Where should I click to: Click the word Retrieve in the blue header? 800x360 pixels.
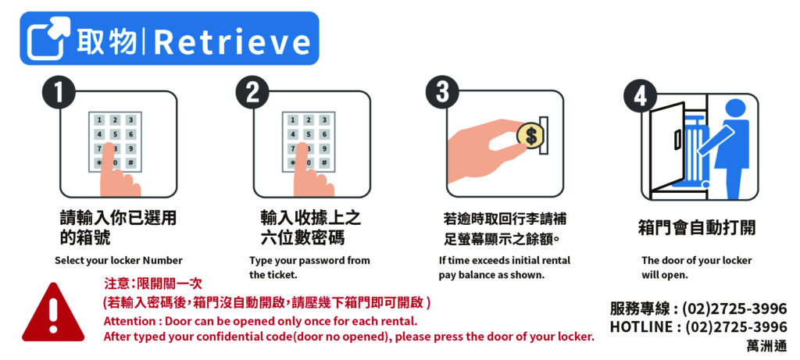pyautogui.click(x=232, y=42)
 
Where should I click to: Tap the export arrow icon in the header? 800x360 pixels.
pyautogui.click(x=49, y=38)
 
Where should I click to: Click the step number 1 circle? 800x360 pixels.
pyautogui.click(x=59, y=94)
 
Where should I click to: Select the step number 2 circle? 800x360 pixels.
pyautogui.click(x=252, y=94)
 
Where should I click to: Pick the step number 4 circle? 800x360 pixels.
pyautogui.click(x=641, y=96)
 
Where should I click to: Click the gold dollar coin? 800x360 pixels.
pyautogui.click(x=530, y=136)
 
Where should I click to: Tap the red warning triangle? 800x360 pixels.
pyautogui.click(x=52, y=312)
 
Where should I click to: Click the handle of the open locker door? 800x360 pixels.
pyautogui.click(x=677, y=139)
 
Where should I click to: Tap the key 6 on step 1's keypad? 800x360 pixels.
pyautogui.click(x=131, y=134)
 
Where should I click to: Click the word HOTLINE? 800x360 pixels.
pyautogui.click(x=641, y=327)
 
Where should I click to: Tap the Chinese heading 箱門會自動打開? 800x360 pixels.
pyautogui.click(x=697, y=227)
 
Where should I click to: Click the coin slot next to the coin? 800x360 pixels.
pyautogui.click(x=545, y=135)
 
